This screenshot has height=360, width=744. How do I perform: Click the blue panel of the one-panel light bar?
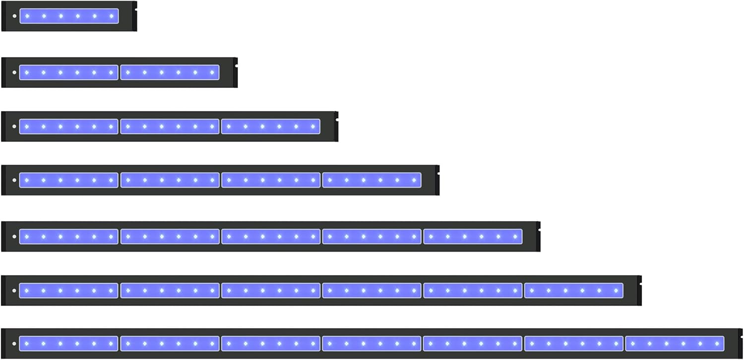click(x=69, y=16)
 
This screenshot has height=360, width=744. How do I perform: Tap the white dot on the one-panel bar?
click(x=14, y=16)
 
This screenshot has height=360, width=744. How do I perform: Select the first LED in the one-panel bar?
click(x=27, y=16)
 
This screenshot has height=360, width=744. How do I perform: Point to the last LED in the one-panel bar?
click(x=111, y=16)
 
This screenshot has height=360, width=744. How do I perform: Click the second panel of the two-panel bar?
click(x=170, y=72)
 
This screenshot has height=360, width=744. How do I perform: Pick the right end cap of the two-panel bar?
click(x=236, y=72)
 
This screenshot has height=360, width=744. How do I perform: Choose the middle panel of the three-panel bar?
click(x=170, y=126)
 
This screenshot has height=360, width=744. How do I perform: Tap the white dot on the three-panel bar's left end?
click(x=14, y=126)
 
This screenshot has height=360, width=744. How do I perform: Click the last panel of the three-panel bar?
click(x=270, y=126)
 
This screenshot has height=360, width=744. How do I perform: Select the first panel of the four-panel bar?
click(x=69, y=180)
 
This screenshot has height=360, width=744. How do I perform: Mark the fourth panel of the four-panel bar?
click(x=372, y=180)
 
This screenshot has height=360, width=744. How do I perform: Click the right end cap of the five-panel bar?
click(x=538, y=237)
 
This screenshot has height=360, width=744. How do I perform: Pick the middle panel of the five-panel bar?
click(x=270, y=237)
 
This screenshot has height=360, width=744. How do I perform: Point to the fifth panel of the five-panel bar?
click(x=473, y=237)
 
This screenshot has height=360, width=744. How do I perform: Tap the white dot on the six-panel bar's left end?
click(x=14, y=291)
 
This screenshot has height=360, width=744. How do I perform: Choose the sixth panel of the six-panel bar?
click(x=573, y=291)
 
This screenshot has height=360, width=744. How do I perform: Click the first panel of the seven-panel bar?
click(x=69, y=344)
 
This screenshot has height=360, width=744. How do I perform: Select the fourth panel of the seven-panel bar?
click(x=372, y=344)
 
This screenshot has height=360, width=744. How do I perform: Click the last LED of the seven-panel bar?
click(x=717, y=344)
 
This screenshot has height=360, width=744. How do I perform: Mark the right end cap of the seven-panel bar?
click(x=740, y=344)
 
